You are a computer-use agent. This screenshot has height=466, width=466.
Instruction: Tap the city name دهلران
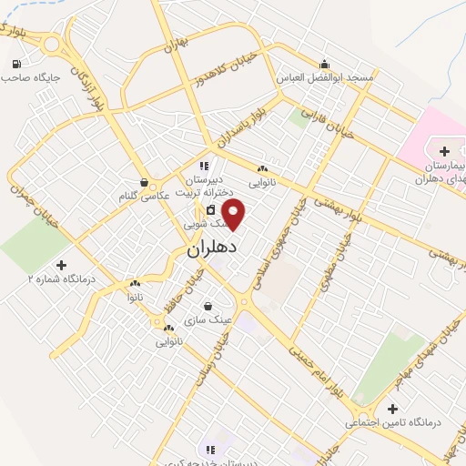(211, 247)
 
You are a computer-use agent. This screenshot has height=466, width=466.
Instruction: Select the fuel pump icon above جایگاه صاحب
(16, 64)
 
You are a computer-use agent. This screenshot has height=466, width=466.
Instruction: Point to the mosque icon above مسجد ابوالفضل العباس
(325, 64)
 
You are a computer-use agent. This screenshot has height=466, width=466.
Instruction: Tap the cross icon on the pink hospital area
(443, 150)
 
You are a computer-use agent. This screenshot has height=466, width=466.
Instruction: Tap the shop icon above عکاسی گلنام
(144, 181)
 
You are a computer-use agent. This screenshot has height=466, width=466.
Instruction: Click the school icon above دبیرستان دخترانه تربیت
(205, 166)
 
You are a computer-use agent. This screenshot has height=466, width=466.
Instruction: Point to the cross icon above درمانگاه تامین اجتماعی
(392, 409)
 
